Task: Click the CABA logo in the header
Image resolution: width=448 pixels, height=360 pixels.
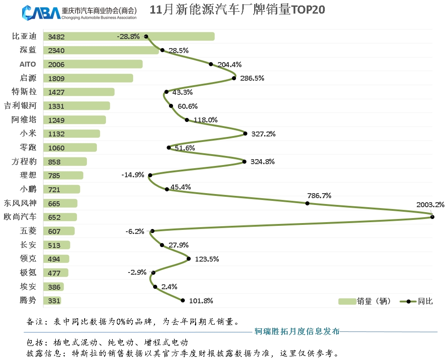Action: pos(41,12)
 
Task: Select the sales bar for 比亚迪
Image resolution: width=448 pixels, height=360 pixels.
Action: pos(129,36)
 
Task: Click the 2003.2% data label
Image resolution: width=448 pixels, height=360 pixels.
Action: pos(430,204)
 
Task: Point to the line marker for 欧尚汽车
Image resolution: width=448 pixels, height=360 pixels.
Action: pos(432,217)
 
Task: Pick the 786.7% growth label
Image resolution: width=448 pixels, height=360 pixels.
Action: pos(319,196)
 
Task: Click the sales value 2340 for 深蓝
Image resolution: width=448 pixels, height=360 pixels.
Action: pos(56,51)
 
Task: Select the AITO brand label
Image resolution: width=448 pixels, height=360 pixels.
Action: pos(28,64)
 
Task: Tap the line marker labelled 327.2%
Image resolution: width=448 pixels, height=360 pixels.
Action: pos(246,133)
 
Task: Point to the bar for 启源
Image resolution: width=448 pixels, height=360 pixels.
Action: pos(88,78)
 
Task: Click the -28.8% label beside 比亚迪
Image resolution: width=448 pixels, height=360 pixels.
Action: pos(128,36)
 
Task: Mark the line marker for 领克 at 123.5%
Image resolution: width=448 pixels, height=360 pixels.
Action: pos(189,259)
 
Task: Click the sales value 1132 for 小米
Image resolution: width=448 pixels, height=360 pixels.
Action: pos(56,134)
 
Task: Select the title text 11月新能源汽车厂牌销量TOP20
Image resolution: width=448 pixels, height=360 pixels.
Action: pos(237,10)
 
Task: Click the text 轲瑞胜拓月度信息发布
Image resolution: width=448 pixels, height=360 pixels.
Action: pos(297,331)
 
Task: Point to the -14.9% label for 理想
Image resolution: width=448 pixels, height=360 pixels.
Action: pos(133,175)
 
